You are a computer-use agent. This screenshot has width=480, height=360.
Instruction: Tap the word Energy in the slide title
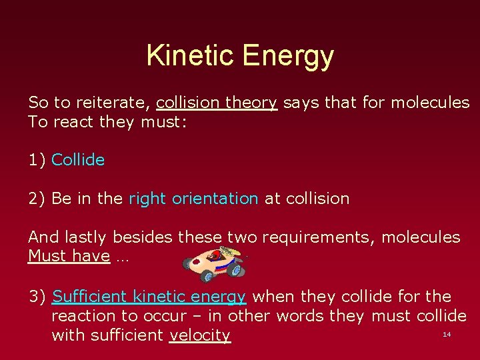click(x=288, y=57)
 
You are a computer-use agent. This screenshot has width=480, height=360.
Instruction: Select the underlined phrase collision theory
click(x=216, y=103)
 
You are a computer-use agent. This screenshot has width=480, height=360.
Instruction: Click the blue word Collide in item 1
click(x=78, y=160)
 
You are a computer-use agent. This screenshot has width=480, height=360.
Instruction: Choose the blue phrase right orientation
click(x=193, y=199)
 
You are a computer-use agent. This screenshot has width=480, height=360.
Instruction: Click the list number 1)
click(x=37, y=160)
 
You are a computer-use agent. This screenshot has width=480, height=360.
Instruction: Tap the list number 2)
click(x=37, y=199)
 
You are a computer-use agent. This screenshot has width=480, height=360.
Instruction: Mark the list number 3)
click(x=37, y=297)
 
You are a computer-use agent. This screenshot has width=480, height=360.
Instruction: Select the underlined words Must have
click(x=69, y=256)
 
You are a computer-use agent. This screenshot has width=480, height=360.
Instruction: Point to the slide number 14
click(x=447, y=333)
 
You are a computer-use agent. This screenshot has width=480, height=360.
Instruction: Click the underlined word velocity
click(x=200, y=335)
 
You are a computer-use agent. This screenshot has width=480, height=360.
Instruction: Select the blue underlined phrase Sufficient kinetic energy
click(x=149, y=297)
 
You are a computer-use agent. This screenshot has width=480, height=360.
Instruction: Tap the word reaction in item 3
click(x=82, y=316)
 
